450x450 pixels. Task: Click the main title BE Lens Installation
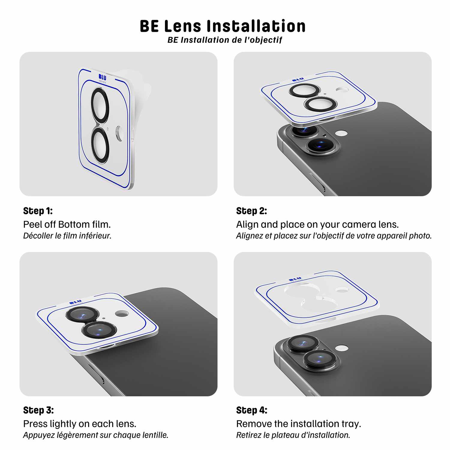point(223,26)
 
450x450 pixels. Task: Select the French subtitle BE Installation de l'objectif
point(225,40)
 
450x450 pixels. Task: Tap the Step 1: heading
point(38,211)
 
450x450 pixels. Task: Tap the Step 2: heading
point(251,211)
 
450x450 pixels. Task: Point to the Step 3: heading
point(38,410)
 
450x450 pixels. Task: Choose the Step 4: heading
point(252,410)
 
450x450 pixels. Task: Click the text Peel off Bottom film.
point(67,224)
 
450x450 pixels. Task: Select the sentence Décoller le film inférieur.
point(67,236)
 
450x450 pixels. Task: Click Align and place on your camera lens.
point(317,224)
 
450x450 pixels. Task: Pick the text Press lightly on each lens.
point(80,424)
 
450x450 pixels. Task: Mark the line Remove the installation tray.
point(298,424)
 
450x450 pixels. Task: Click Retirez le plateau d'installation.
point(293,435)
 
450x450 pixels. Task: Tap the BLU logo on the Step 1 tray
point(102,78)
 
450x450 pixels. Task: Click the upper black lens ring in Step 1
point(100,105)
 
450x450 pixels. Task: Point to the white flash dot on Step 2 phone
point(341,133)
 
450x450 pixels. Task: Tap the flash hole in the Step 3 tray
point(122,313)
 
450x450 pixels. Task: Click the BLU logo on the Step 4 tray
point(295,280)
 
